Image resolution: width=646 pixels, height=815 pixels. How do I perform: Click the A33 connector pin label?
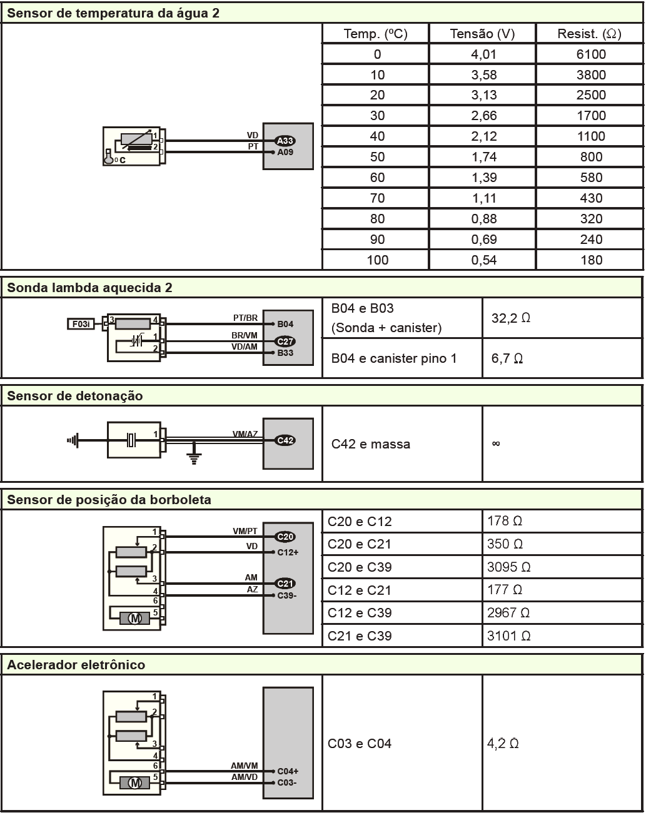click(x=285, y=141)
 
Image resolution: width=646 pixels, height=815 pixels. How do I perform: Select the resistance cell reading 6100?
click(x=590, y=54)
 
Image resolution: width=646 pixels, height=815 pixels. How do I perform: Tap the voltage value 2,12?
click(x=483, y=136)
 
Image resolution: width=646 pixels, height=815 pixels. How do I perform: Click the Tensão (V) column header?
click(x=482, y=34)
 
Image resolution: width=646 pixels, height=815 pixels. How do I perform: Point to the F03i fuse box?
click(x=80, y=324)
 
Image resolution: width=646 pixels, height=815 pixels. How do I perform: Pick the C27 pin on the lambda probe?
click(x=285, y=342)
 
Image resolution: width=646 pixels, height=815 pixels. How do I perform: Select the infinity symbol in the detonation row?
click(x=496, y=444)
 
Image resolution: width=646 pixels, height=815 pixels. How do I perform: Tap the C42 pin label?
click(x=285, y=440)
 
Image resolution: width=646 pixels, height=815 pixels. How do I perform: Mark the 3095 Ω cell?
click(x=508, y=567)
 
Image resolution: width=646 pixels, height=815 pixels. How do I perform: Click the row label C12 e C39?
click(x=360, y=613)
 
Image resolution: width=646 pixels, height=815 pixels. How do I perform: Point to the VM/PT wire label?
click(x=245, y=531)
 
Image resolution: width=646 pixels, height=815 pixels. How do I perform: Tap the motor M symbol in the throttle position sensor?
click(x=135, y=619)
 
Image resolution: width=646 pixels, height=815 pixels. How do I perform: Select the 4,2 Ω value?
click(x=503, y=744)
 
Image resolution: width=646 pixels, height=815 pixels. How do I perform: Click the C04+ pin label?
click(x=288, y=771)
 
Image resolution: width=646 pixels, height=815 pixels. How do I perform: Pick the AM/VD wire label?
click(x=244, y=777)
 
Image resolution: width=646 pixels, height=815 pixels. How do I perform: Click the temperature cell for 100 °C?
click(x=377, y=260)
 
